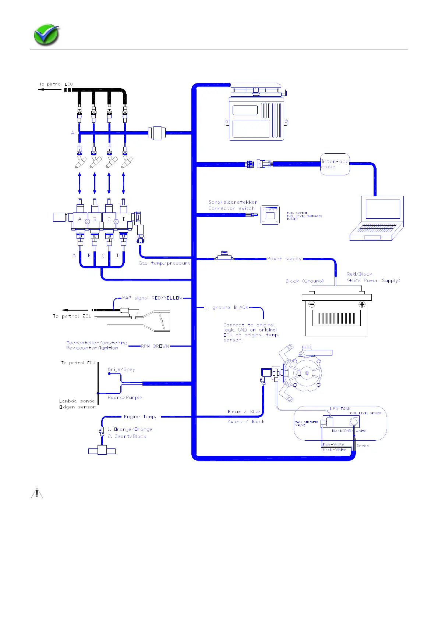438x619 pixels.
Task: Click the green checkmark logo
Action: pos(46,35)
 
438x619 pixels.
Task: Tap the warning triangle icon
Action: pos(37,493)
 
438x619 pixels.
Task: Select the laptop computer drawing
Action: pos(377,218)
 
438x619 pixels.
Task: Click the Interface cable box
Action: pos(335,164)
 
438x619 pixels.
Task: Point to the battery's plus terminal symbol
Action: pos(362,304)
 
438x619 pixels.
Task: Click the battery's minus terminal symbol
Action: pos(312,304)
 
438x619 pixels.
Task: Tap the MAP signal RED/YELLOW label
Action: pos(152,298)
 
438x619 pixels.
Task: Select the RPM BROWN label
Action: pos(155,346)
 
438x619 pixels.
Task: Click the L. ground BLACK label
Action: pos(227,307)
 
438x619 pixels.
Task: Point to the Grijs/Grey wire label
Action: pos(121,369)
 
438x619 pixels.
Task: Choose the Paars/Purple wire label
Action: pos(125,397)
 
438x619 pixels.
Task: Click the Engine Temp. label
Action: pos(140,416)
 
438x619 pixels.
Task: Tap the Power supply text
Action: pos(284,259)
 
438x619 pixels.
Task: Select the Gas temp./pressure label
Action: pos(165,263)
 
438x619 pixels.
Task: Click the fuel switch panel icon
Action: pos(270,215)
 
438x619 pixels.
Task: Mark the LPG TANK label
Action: pos(340,409)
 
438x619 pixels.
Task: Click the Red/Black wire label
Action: pos(359,274)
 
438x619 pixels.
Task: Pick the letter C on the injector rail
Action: pos(109,219)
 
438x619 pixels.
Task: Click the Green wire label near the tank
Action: pos(363,446)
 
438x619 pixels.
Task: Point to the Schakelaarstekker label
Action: pos(233,202)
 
